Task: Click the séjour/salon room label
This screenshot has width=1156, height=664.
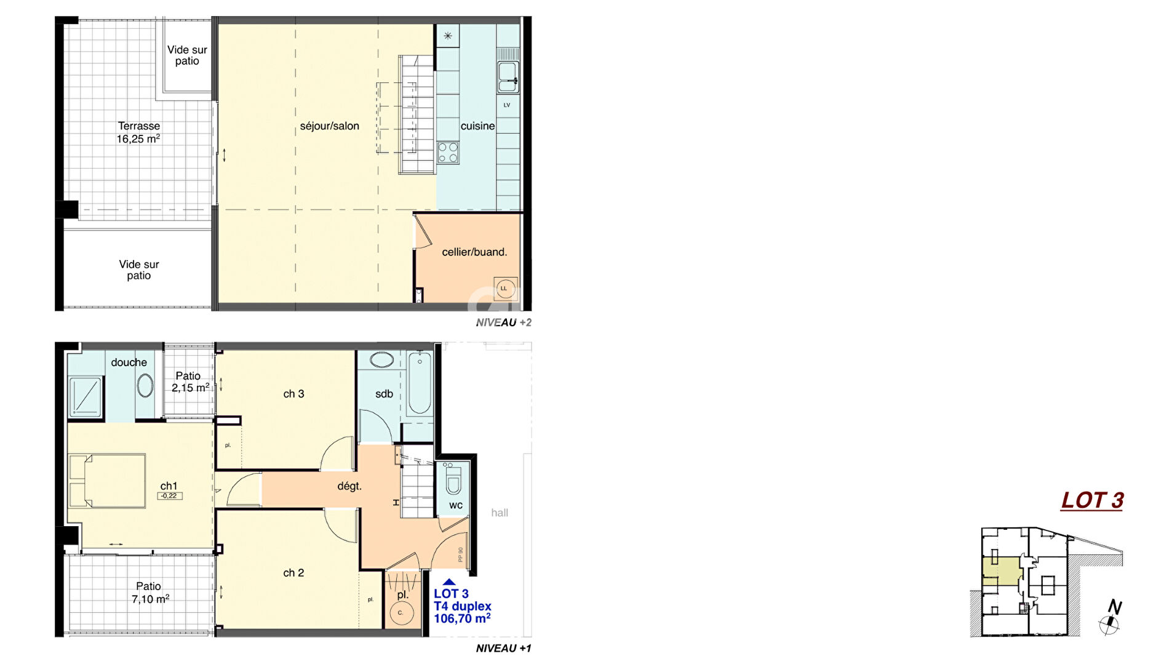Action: [x=329, y=126]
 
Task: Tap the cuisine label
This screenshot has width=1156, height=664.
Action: [x=477, y=126]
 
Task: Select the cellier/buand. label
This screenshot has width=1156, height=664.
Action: [x=474, y=252]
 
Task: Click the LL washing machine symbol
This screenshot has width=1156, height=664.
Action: [x=504, y=289]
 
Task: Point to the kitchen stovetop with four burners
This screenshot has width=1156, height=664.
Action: [x=448, y=152]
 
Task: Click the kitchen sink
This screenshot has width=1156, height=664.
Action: [x=508, y=76]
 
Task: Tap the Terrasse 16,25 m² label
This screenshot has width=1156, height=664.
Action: [x=138, y=132]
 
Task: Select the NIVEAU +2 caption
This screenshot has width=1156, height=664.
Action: [x=503, y=322]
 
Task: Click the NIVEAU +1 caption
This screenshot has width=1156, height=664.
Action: [x=503, y=648]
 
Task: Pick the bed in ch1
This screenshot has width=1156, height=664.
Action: [x=107, y=481]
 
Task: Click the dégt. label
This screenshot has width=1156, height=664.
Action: [x=349, y=486]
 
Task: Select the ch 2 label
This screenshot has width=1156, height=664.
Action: [x=293, y=573]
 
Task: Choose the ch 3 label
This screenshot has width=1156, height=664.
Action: [x=293, y=394]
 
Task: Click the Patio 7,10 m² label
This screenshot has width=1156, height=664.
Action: [x=149, y=593]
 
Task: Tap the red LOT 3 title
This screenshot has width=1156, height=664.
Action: [x=1092, y=500]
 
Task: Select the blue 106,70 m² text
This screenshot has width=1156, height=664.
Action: [x=462, y=618]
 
